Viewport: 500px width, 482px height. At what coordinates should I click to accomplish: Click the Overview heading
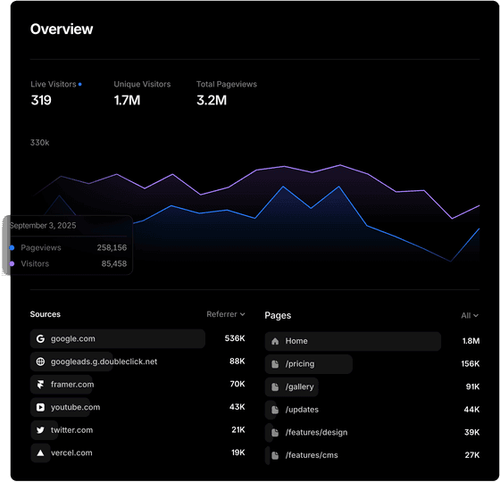click(62, 29)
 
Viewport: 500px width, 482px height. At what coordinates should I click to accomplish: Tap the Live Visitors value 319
click(41, 101)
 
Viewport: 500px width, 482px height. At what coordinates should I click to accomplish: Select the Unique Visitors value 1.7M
click(129, 101)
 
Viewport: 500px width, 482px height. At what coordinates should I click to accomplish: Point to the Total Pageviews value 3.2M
click(212, 101)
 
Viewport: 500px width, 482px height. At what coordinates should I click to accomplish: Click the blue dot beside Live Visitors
click(79, 84)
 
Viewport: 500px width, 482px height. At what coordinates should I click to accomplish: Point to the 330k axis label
click(40, 143)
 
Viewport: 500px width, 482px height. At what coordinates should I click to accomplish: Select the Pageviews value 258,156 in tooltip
click(112, 247)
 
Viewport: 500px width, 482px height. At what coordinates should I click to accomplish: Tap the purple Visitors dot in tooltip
click(12, 264)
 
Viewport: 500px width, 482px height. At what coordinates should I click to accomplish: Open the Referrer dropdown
click(226, 314)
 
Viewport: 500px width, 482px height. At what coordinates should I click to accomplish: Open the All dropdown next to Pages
click(470, 315)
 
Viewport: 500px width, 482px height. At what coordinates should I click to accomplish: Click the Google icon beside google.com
click(40, 339)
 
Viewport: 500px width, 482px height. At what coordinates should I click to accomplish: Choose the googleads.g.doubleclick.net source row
click(104, 361)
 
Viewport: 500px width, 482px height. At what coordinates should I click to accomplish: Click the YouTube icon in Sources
click(40, 407)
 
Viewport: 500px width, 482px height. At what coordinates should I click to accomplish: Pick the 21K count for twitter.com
click(237, 430)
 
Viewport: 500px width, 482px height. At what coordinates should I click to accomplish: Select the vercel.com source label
click(71, 453)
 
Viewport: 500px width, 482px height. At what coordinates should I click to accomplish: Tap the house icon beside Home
click(275, 341)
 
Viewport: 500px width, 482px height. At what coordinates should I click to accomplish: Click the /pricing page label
click(301, 364)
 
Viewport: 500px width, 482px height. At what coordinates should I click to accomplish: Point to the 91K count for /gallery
click(472, 387)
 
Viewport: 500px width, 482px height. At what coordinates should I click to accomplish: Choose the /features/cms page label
click(312, 455)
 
